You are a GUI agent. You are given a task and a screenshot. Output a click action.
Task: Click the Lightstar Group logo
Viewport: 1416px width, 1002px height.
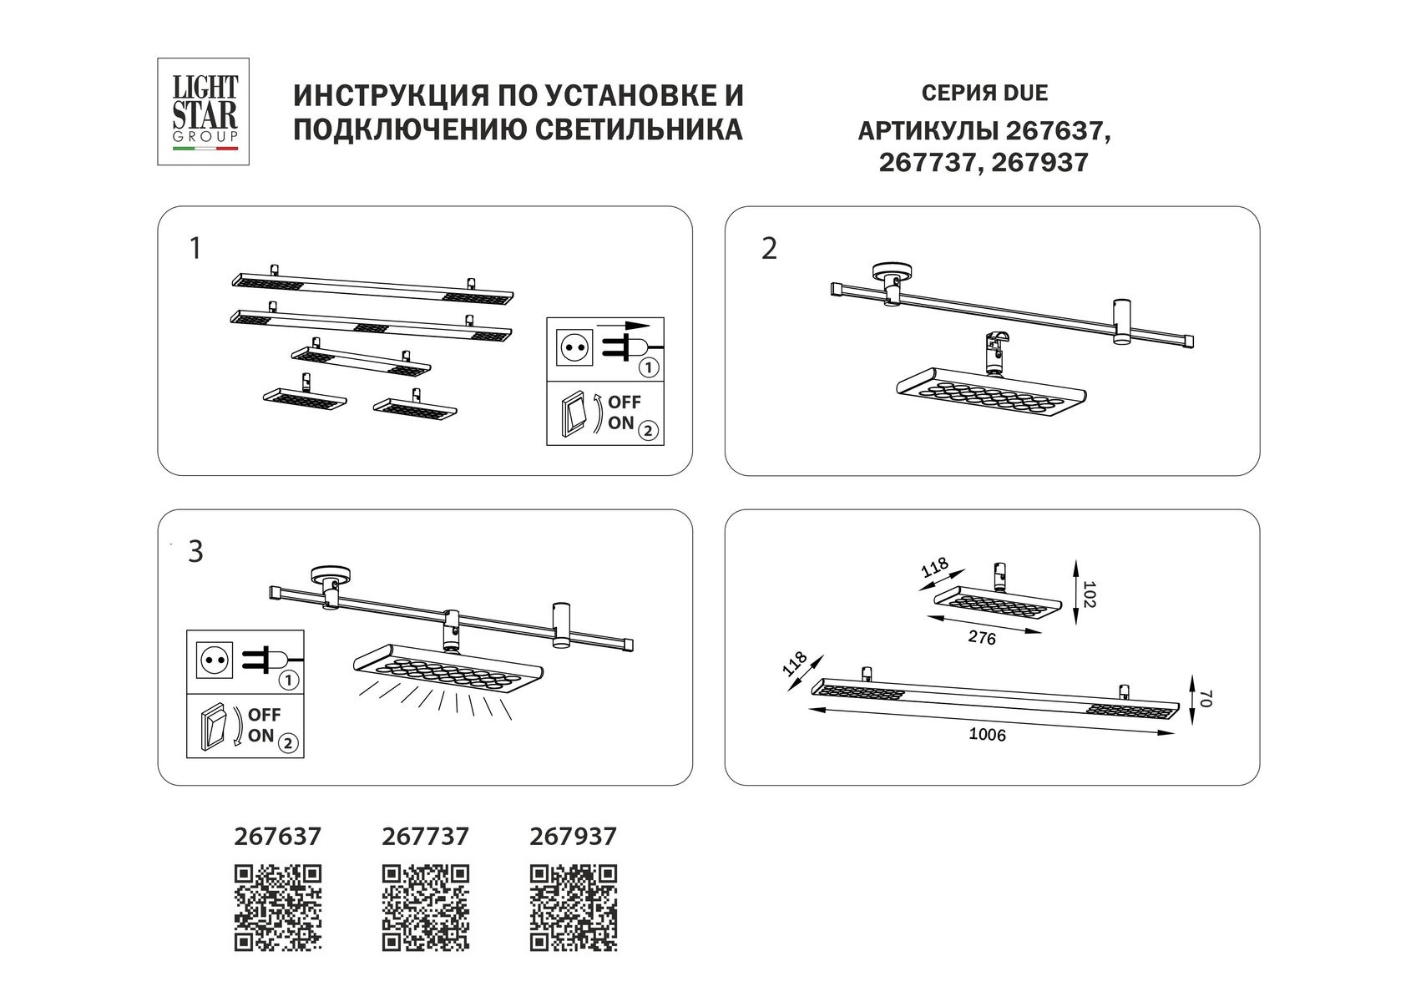pyautogui.click(x=204, y=111)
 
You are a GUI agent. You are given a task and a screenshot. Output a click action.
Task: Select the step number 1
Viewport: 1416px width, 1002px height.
pyautogui.click(x=195, y=249)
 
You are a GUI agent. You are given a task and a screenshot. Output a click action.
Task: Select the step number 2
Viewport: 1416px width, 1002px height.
pyautogui.click(x=769, y=249)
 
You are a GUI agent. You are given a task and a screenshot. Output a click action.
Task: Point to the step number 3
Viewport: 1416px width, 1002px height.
pyautogui.click(x=195, y=552)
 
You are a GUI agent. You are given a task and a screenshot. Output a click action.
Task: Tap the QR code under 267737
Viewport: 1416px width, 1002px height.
pyautogui.click(x=426, y=908)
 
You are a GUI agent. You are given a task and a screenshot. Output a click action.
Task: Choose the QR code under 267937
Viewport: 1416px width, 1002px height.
pyautogui.click(x=574, y=908)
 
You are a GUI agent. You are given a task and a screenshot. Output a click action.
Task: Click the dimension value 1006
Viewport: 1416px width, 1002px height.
pyautogui.click(x=987, y=736)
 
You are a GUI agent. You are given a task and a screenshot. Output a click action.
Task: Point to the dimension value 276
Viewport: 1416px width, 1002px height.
pyautogui.click(x=982, y=639)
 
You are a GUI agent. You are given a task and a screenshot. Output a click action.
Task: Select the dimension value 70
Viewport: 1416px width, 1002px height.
pyautogui.click(x=1203, y=698)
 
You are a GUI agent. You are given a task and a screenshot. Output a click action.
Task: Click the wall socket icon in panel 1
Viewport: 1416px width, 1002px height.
pyautogui.click(x=574, y=346)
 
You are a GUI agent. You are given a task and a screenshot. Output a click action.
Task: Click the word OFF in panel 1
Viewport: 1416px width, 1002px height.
pyautogui.click(x=624, y=402)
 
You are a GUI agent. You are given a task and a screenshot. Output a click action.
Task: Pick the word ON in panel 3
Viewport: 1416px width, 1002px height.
pyautogui.click(x=260, y=736)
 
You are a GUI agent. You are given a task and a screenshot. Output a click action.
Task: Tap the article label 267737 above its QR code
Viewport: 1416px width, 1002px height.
pyautogui.click(x=425, y=836)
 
